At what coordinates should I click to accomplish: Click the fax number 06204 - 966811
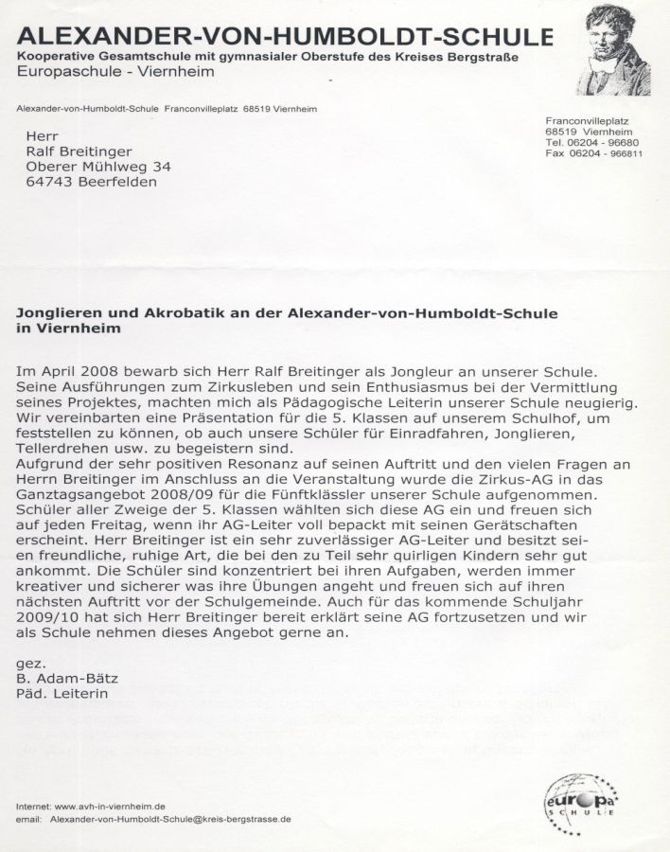(x=609, y=152)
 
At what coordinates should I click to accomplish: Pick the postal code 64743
(x=47, y=182)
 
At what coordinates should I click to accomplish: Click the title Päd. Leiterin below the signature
(x=62, y=694)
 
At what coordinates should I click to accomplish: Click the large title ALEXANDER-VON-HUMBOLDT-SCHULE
(x=284, y=38)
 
